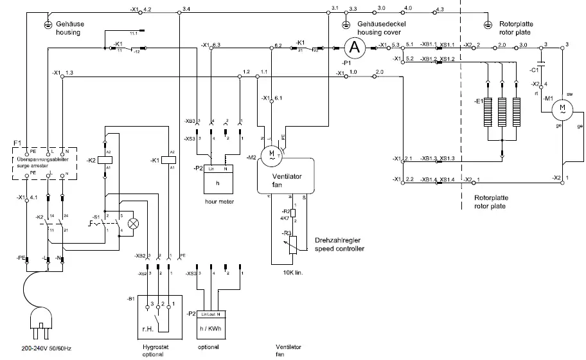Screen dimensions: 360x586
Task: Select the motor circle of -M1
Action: tap(562, 108)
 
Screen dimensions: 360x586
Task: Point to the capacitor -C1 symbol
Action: tap(542, 65)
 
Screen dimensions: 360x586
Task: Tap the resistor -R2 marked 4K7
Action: tap(293, 213)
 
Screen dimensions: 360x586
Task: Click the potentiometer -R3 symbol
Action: tap(294, 243)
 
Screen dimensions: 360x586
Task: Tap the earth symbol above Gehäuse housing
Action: tap(46, 24)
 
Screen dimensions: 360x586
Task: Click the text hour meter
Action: tap(218, 201)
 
